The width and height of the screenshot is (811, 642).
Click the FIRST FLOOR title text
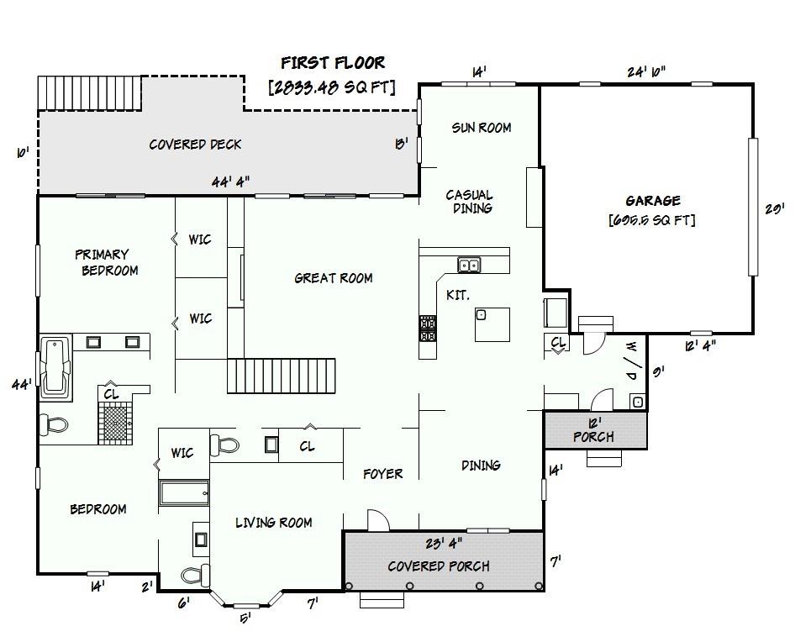(333, 62)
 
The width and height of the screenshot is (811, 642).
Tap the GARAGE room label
(653, 200)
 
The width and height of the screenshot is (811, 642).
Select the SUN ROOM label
(481, 127)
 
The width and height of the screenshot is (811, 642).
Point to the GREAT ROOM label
(334, 278)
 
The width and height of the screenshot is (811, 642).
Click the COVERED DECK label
(195, 145)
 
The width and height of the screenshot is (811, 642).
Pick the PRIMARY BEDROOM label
(107, 262)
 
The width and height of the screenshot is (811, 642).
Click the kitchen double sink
(469, 265)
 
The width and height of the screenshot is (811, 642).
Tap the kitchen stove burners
(427, 329)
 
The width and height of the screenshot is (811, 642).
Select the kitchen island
(492, 324)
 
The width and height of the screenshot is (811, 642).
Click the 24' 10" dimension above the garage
(646, 72)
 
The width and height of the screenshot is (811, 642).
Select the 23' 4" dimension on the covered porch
(444, 543)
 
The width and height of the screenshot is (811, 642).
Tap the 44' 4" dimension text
(230, 182)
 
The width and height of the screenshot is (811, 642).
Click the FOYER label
(382, 474)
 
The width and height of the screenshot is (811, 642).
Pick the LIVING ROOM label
(274, 523)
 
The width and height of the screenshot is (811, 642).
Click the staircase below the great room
(282, 376)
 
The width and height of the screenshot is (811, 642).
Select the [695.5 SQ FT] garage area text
(652, 220)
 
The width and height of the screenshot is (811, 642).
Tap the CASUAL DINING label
(470, 202)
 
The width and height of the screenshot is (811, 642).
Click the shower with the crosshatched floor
(116, 423)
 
